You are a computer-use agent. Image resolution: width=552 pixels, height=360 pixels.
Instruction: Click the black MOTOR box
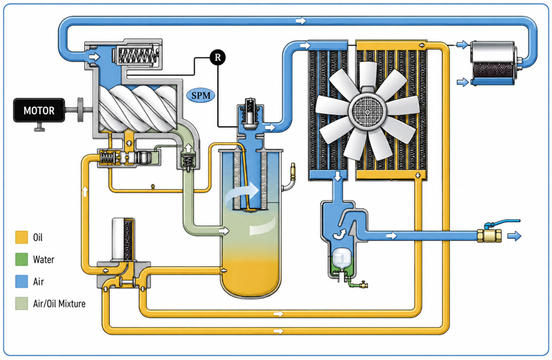pos(39,110)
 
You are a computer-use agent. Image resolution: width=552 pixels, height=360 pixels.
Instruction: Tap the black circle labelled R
pos(217,57)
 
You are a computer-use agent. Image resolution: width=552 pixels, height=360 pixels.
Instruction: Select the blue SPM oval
pos(201,95)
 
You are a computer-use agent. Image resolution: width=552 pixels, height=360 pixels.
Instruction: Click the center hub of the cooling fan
pos(367,112)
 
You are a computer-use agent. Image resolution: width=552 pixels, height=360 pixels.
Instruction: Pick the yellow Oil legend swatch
pos(21,237)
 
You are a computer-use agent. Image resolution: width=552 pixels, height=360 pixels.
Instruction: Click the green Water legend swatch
pos(21,259)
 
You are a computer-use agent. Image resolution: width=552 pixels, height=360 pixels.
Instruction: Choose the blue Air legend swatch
pos(21,281)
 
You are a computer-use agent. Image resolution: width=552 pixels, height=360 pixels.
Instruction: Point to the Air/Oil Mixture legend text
pos(59,303)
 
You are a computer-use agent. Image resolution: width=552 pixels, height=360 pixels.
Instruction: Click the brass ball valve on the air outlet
pos(489,235)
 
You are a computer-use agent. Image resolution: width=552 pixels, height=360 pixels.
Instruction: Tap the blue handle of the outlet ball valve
pos(502,223)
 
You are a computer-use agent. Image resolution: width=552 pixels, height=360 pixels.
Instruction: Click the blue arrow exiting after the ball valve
pos(514,236)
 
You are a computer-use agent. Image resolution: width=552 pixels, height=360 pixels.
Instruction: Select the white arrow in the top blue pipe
pos(301,21)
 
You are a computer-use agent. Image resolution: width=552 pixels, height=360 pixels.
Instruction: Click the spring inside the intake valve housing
pos(137,56)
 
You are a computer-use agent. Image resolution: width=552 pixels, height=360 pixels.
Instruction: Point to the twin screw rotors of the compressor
pos(137,108)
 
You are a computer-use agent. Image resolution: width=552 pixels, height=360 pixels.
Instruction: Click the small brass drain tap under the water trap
pos(363,285)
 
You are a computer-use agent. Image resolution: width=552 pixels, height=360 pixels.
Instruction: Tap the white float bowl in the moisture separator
pos(340,258)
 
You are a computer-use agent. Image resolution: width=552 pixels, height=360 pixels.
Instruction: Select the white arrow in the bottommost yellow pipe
pos(279,331)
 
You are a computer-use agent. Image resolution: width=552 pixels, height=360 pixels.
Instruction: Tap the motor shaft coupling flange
pos(81,110)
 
